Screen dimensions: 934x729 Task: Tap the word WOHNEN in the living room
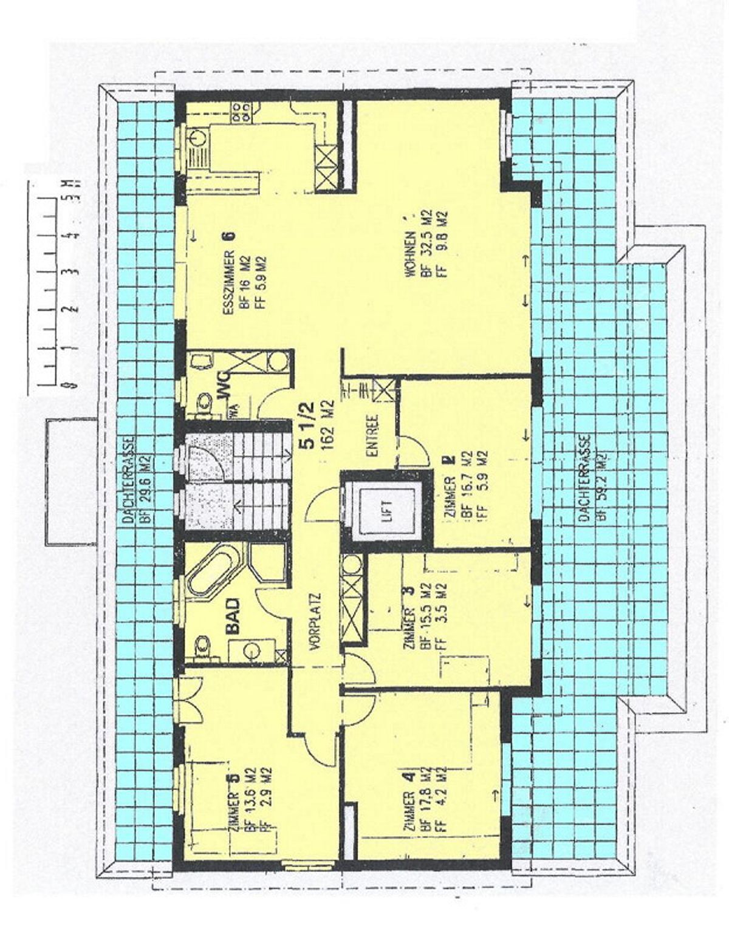tap(411, 256)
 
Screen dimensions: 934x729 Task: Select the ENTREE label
tap(372, 435)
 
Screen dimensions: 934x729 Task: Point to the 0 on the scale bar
tap(74, 384)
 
